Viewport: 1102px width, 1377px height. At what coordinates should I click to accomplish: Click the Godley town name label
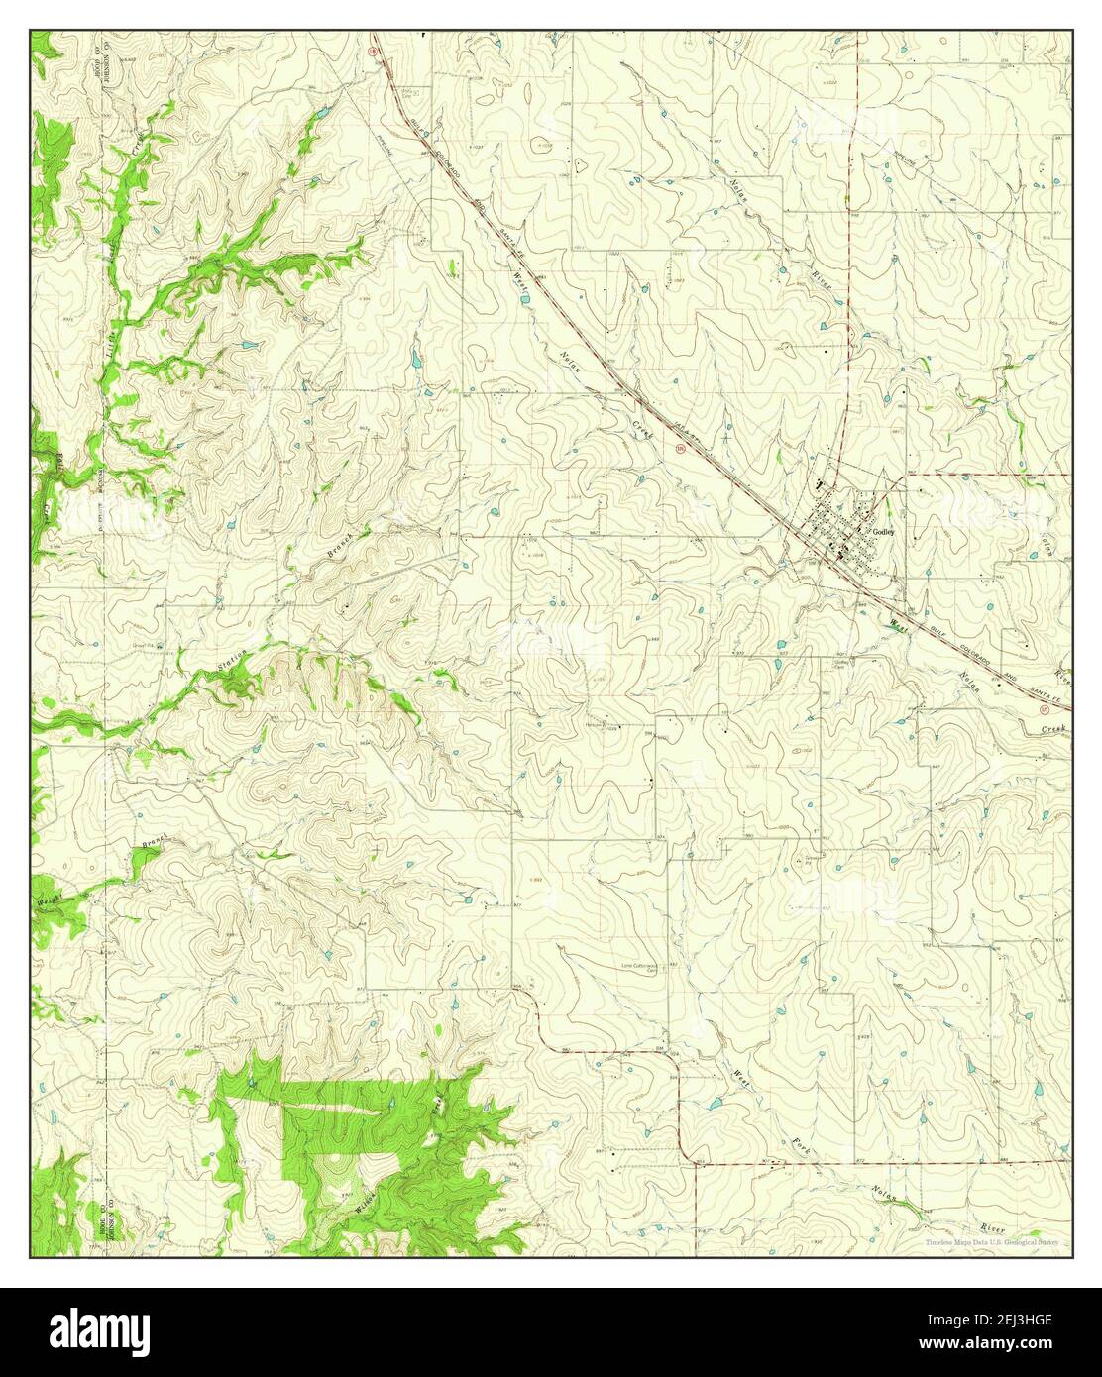click(884, 531)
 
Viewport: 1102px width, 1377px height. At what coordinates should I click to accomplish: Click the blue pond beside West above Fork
click(712, 1103)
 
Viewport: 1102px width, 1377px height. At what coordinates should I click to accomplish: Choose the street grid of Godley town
click(839, 530)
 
